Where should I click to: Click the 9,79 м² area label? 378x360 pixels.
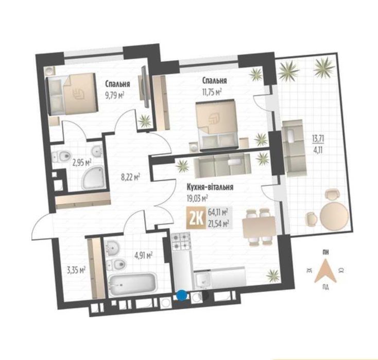click(114, 96)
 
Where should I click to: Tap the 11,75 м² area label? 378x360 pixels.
click(212, 92)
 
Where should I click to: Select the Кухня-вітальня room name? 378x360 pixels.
click(210, 187)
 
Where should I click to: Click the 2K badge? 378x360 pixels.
click(196, 218)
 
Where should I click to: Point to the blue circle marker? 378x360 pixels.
click(181, 296)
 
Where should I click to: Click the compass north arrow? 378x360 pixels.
click(325, 271)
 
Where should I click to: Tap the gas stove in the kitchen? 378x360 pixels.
click(181, 241)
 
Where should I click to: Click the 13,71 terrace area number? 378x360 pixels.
click(318, 139)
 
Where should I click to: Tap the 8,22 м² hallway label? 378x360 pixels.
click(130, 178)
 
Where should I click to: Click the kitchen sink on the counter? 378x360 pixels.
click(202, 280)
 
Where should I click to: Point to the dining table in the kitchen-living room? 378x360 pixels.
click(259, 227)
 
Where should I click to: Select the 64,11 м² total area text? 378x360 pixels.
click(218, 213)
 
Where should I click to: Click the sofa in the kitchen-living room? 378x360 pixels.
click(222, 164)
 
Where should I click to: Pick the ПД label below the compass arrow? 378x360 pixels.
click(325, 287)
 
